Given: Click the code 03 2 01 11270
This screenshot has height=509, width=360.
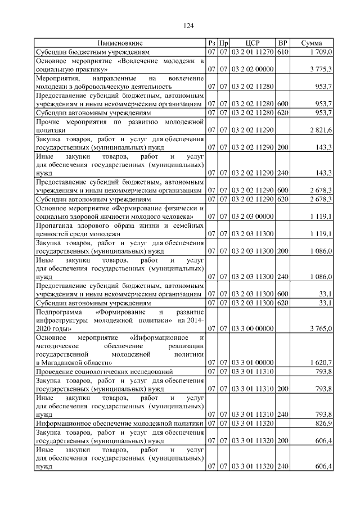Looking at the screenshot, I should coord(252,52).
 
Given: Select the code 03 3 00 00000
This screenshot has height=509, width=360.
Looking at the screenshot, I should coord(252,328).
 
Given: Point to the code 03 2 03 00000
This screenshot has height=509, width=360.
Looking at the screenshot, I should coord(252,216).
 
